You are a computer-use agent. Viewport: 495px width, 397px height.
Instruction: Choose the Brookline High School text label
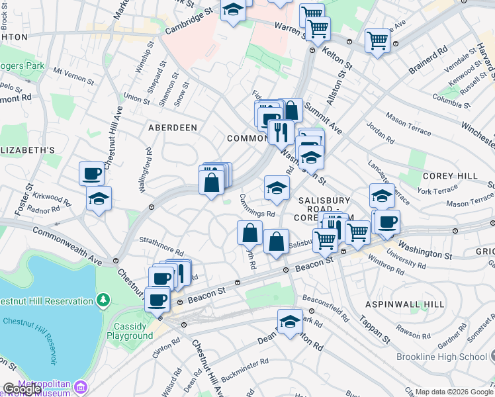(441, 357)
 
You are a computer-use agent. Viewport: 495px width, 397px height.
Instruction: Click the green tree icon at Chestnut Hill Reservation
(103, 301)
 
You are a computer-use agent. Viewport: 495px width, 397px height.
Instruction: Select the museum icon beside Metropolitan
(81, 386)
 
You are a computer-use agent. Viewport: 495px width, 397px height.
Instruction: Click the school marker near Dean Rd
(290, 322)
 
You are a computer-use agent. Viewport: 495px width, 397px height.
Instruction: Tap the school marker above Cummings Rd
(277, 188)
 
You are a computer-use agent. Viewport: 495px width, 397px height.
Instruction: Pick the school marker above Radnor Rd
(99, 198)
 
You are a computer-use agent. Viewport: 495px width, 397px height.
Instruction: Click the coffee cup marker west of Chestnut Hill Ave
(91, 174)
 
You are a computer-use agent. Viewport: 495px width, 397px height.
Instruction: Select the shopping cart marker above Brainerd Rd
(377, 40)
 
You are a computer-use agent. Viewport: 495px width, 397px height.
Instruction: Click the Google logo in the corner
(21, 389)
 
